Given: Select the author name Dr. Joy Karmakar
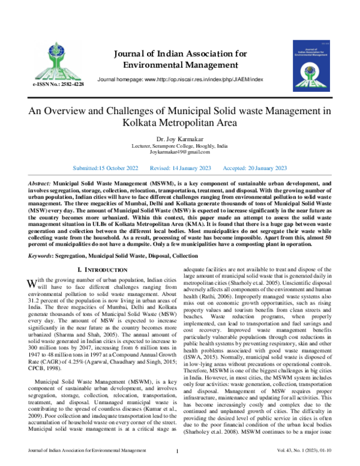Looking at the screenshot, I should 179,139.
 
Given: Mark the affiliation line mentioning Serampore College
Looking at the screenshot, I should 179,146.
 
